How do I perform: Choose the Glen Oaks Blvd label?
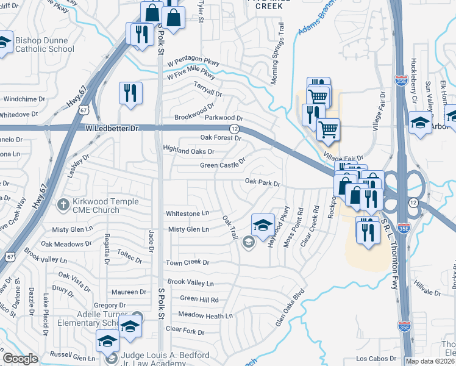pyautogui.click(x=289, y=309)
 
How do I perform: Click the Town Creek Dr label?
pyautogui.click(x=188, y=262)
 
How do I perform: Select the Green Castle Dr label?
pyautogui.click(x=223, y=164)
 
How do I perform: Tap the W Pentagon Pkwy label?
pyautogui.click(x=193, y=62)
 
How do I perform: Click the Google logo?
pyautogui.click(x=21, y=359)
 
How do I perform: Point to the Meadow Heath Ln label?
pyautogui.click(x=205, y=315)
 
